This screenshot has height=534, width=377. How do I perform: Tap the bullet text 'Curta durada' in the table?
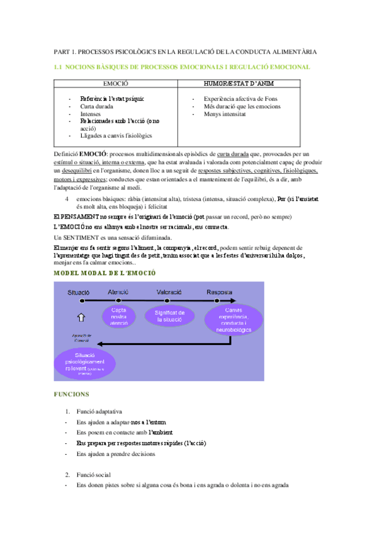click(96, 107)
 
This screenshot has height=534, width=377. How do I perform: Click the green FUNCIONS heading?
click(72, 394)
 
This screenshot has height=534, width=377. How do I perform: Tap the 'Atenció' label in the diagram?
click(118, 293)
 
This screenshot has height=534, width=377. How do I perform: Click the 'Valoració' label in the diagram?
click(169, 293)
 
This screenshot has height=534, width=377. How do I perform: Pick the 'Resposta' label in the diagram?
click(219, 293)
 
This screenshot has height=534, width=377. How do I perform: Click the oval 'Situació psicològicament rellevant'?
click(84, 364)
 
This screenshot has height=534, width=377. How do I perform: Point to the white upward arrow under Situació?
click(80, 317)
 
